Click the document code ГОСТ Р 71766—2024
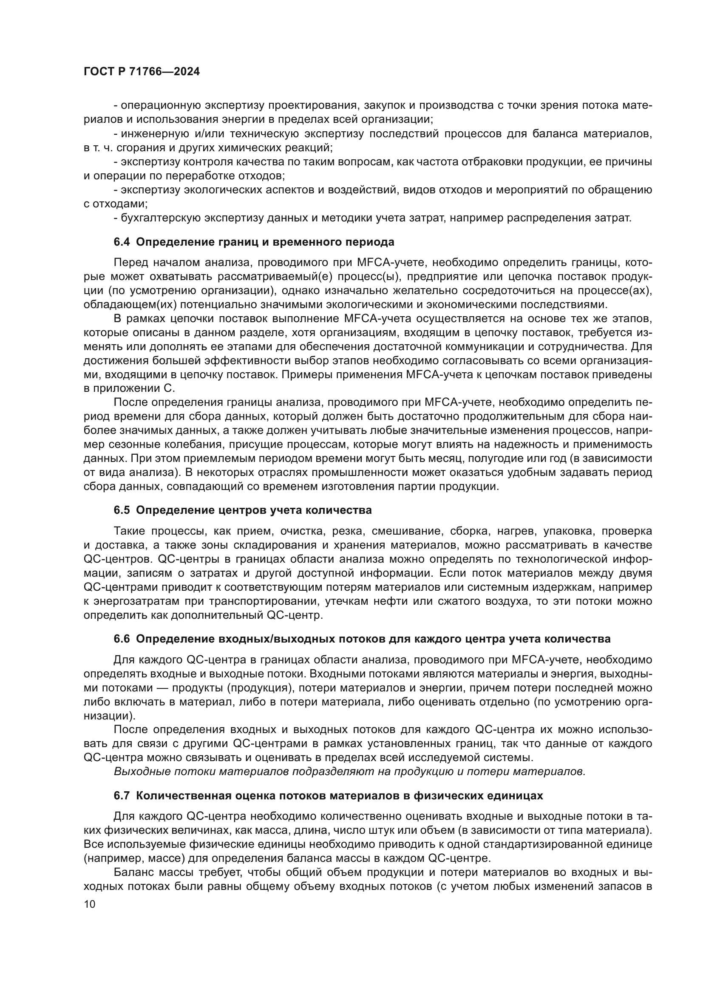pyautogui.click(x=142, y=72)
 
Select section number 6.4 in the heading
pyautogui.click(x=122, y=242)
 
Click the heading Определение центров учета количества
pyautogui.click(x=254, y=510)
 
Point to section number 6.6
pyautogui.click(x=122, y=639)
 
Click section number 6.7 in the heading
pyautogui.click(x=122, y=796)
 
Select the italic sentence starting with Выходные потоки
pyautogui.click(x=349, y=771)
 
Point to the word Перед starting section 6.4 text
pyautogui.click(x=128, y=263)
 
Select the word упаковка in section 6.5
pyautogui.click(x=569, y=531)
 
